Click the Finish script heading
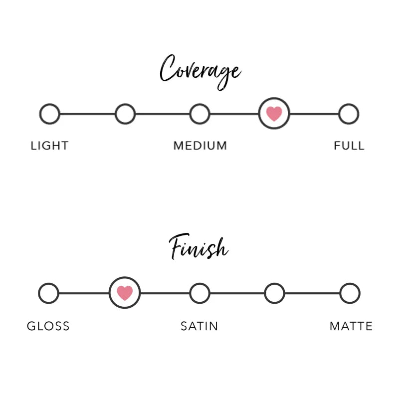(199, 248)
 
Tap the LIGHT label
(49, 146)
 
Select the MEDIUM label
(200, 146)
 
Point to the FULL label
(349, 146)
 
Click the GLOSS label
(48, 326)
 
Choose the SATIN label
(199, 326)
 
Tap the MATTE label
(351, 326)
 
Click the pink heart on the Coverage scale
(274, 114)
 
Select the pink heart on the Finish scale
(125, 293)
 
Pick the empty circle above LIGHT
(49, 114)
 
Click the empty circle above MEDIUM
(199, 114)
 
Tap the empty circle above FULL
(349, 114)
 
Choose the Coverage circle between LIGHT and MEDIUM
(125, 114)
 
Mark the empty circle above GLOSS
(48, 293)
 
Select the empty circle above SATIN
(199, 293)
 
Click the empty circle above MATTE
(350, 293)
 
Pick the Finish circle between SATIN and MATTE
(274, 293)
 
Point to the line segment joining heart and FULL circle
(314, 114)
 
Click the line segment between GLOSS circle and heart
(84, 293)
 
